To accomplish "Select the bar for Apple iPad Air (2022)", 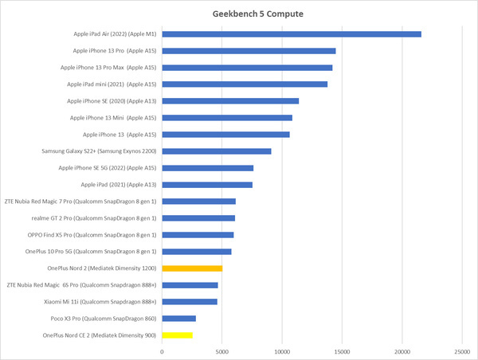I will click(x=292, y=34).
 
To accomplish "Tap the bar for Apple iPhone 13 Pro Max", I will click(x=247, y=68).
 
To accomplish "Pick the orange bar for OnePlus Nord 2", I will click(x=192, y=268).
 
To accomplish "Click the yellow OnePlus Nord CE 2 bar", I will click(x=177, y=335).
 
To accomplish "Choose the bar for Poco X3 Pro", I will click(x=178, y=319).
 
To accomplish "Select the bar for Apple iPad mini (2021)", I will click(x=245, y=84).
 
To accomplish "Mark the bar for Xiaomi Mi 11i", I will click(x=190, y=302).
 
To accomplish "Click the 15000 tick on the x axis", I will click(x=342, y=350).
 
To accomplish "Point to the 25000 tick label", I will click(x=461, y=350).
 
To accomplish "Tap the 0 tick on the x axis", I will click(x=163, y=350).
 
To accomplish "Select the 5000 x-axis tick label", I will click(x=222, y=350).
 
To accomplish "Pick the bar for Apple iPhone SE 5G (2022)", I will click(x=208, y=168).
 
